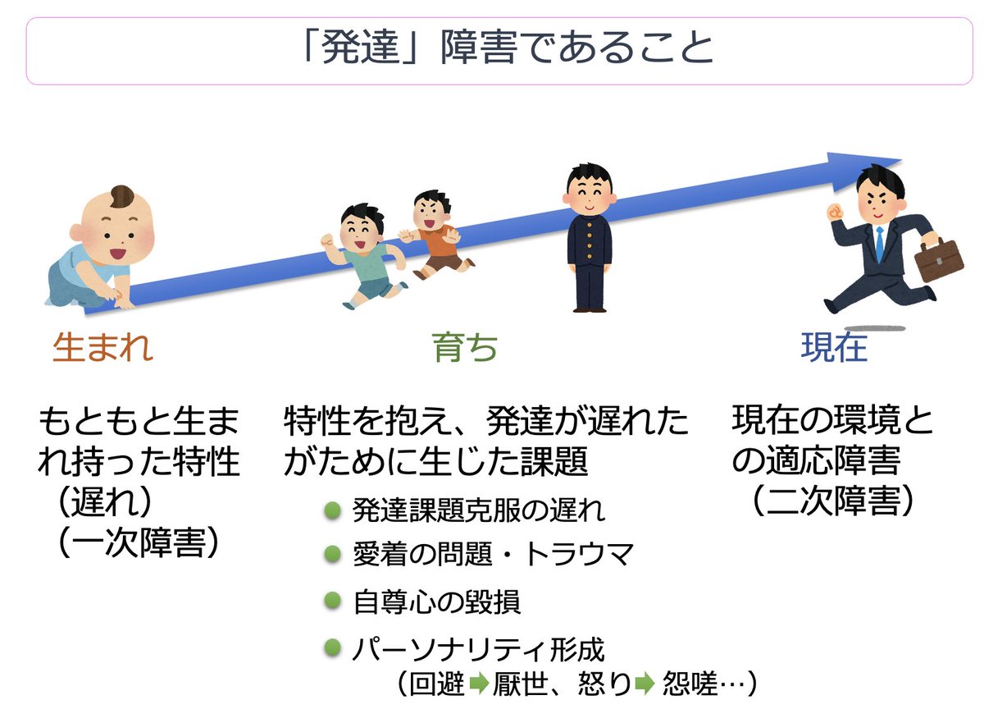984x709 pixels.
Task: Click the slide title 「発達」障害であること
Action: (508, 48)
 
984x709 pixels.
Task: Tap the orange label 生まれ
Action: (102, 349)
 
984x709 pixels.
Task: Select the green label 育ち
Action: (465, 349)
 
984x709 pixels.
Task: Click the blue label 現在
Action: (834, 349)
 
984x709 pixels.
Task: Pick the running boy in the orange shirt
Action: (435, 234)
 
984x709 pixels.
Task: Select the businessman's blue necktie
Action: (879, 242)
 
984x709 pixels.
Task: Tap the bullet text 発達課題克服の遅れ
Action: (479, 510)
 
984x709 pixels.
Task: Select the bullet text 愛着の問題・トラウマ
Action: (493, 555)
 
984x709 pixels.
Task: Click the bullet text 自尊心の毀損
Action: (436, 602)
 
